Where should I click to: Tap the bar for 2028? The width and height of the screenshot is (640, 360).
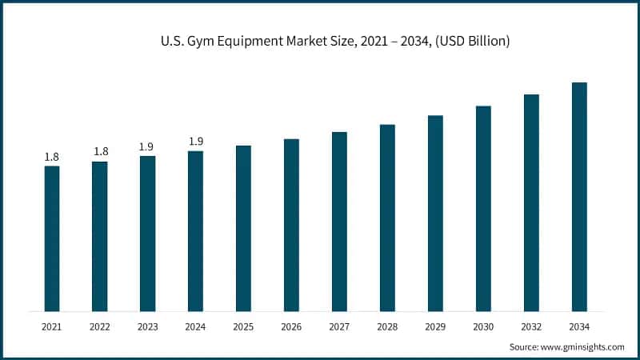coord(387,218)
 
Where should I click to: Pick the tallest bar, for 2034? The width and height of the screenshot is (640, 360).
coord(579,197)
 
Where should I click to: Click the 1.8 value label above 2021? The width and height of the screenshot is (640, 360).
coord(52,157)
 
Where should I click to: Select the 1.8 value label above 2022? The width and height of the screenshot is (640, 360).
coord(100,152)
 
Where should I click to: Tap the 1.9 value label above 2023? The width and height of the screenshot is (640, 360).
coord(147,146)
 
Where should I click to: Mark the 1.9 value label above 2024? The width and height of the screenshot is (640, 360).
coord(195,142)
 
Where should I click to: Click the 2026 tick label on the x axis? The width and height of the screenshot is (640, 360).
coord(291,327)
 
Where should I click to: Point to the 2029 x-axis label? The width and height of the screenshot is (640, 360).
coord(435,327)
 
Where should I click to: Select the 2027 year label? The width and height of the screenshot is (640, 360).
coord(339,327)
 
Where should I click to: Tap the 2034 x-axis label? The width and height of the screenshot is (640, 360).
coord(579,327)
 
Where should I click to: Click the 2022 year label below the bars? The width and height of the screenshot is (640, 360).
coord(100,327)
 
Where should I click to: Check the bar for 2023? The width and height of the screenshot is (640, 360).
coord(147,234)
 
